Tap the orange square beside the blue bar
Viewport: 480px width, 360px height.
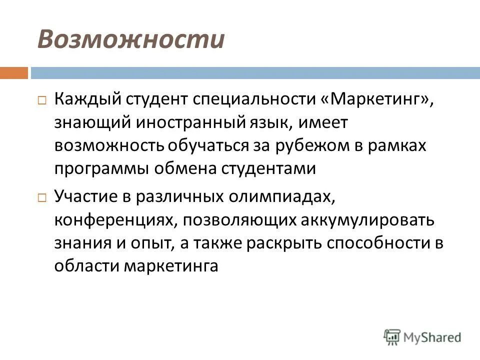click(x=13, y=73)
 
